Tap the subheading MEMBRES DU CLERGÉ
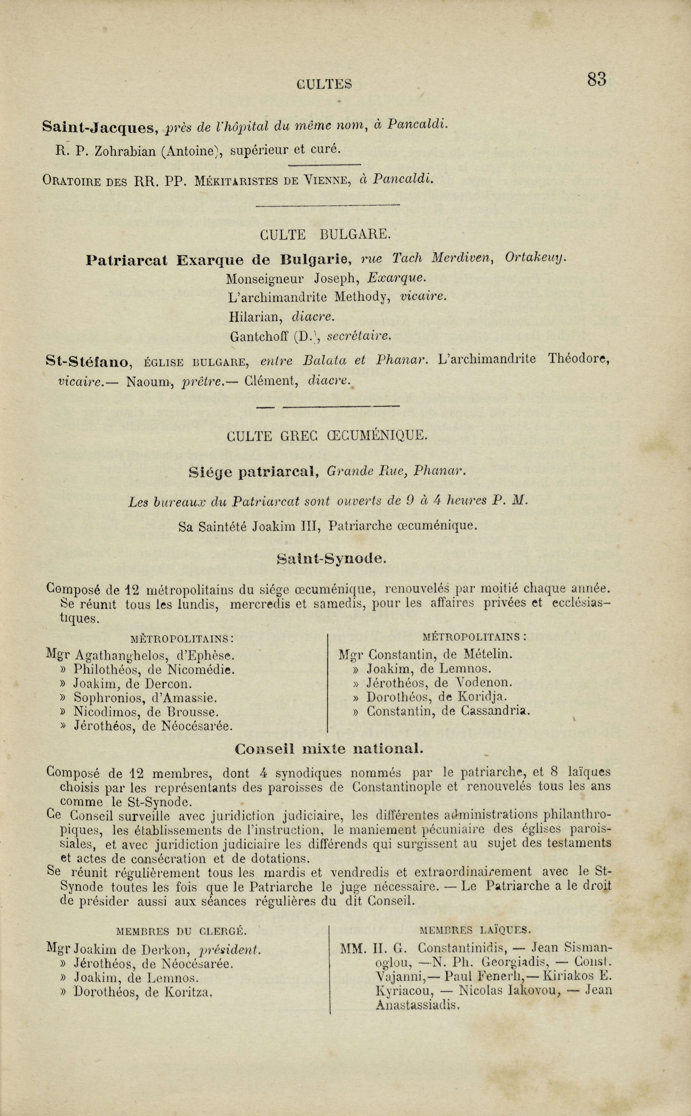pos(182,918)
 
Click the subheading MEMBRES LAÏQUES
pos(475,917)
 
